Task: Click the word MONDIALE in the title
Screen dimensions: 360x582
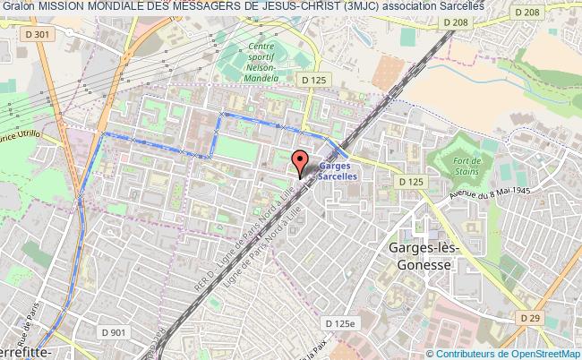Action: pos(119,6)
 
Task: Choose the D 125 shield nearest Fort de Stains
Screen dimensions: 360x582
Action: pos(411,182)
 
